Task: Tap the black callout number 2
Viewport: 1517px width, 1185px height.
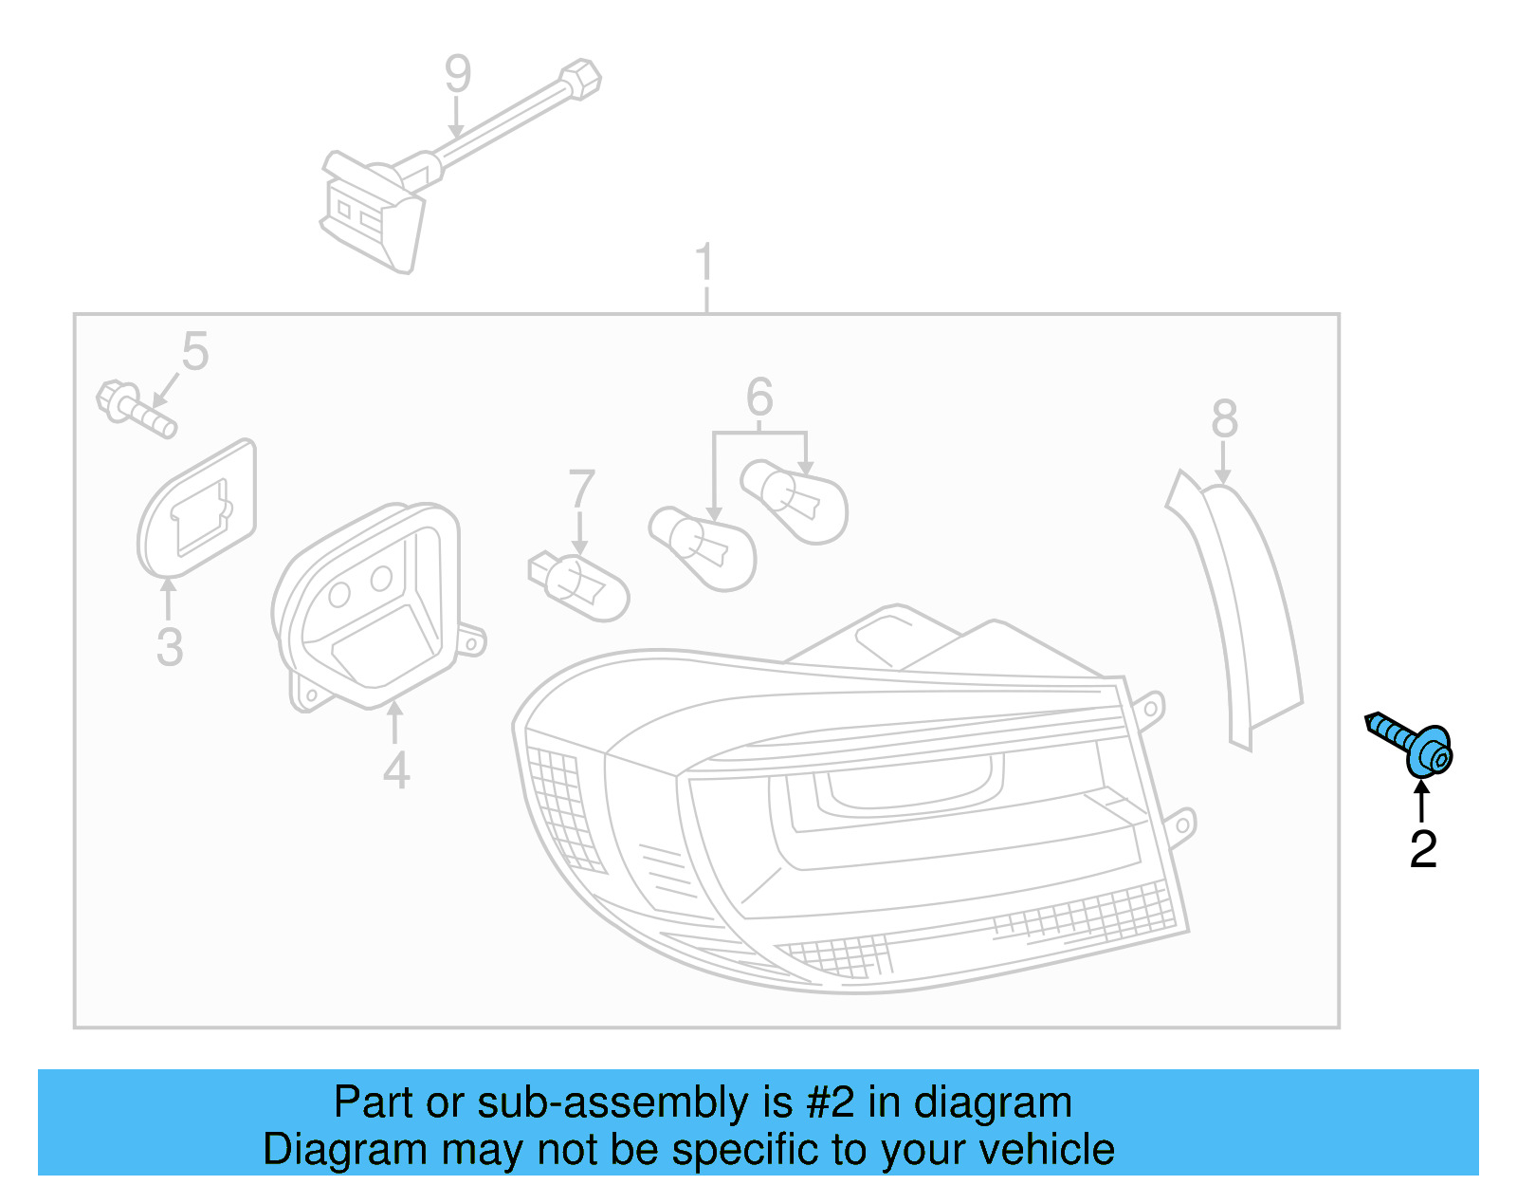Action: coord(1422,849)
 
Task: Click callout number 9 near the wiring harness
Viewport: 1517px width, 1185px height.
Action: coord(458,74)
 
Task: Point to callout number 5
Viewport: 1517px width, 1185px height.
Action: coord(195,352)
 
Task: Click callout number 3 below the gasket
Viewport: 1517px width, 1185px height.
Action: coord(170,647)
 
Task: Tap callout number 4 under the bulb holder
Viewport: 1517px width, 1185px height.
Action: coord(396,770)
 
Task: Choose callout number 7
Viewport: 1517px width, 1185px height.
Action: coord(580,490)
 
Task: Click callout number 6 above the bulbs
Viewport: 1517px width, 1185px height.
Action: coord(759,397)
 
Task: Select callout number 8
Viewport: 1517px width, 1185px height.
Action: coord(1224,418)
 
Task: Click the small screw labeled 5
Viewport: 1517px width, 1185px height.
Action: coord(136,409)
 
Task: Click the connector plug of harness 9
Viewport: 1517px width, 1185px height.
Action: coord(371,214)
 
